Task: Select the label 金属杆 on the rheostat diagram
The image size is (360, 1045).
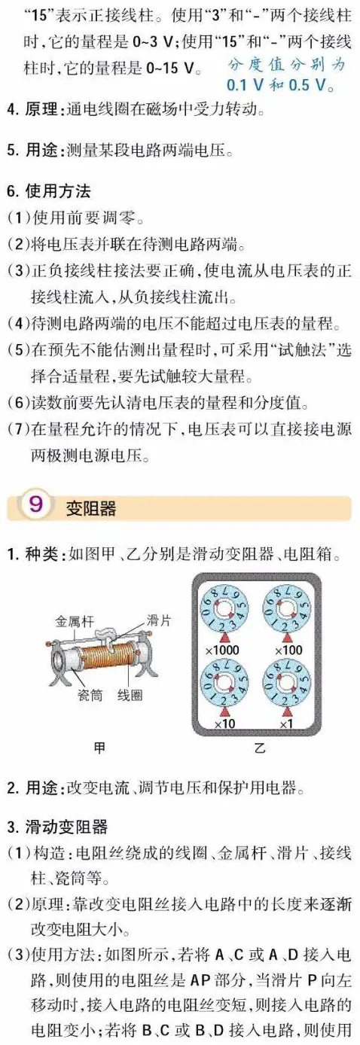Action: pyautogui.click(x=72, y=622)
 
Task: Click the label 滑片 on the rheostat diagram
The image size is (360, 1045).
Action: pyautogui.click(x=158, y=620)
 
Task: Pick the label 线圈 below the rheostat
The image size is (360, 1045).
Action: pyautogui.click(x=130, y=696)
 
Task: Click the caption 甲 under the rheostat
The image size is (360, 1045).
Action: pyautogui.click(x=99, y=748)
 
